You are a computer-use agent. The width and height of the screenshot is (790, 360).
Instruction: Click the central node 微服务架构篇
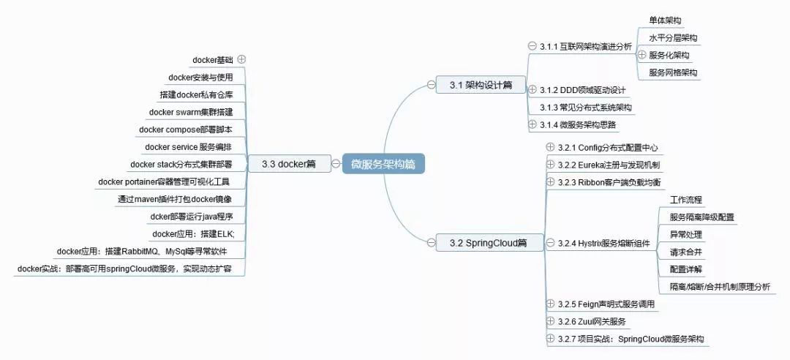tap(383, 165)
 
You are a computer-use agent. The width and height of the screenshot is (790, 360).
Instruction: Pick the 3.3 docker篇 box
tap(288, 164)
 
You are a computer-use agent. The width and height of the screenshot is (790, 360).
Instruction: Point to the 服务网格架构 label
tap(673, 72)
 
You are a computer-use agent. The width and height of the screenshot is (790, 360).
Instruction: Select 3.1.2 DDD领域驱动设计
tap(582, 90)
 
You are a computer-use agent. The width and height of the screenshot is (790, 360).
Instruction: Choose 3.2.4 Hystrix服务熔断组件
tap(603, 242)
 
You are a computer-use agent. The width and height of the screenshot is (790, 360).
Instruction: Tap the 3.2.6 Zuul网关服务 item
tap(591, 321)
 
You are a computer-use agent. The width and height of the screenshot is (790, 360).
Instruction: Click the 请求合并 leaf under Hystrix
tap(685, 252)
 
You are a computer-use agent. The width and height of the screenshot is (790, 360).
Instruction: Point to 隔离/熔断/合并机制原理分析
tap(720, 287)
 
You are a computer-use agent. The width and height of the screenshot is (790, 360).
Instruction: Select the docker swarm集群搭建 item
tap(191, 112)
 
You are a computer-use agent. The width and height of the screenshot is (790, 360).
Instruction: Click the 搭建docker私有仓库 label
tap(196, 94)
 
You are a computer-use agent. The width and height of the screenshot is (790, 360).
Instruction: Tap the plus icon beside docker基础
tap(241, 59)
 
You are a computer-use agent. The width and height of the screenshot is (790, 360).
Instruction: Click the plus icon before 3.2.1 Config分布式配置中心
tap(550, 147)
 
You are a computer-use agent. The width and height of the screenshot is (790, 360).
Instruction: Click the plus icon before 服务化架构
tap(642, 55)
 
